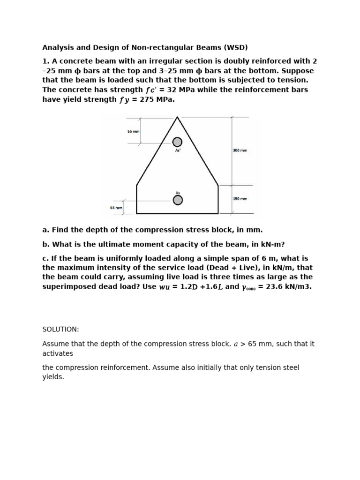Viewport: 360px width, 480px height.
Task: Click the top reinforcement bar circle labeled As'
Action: pyautogui.click(x=177, y=142)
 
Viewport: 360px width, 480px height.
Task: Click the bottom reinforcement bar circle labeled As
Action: pyautogui.click(x=178, y=200)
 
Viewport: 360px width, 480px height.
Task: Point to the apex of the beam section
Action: pyautogui.click(x=177, y=117)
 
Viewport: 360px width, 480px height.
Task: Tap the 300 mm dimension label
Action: pyautogui.click(x=240, y=150)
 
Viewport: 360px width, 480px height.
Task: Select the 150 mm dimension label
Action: pyautogui.click(x=240, y=199)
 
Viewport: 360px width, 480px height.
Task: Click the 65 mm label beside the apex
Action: pyautogui.click(x=133, y=132)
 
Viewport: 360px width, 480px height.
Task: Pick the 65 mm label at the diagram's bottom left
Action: pyautogui.click(x=116, y=208)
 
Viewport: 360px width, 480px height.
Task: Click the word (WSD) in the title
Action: pyautogui.click(x=236, y=47)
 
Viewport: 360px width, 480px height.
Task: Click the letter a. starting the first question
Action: pyautogui.click(x=45, y=230)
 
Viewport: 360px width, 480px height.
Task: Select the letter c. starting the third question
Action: pyautogui.click(x=45, y=258)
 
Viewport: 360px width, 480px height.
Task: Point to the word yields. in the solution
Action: pyautogui.click(x=53, y=377)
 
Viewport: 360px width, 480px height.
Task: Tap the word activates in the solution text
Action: pyautogui.click(x=58, y=353)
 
